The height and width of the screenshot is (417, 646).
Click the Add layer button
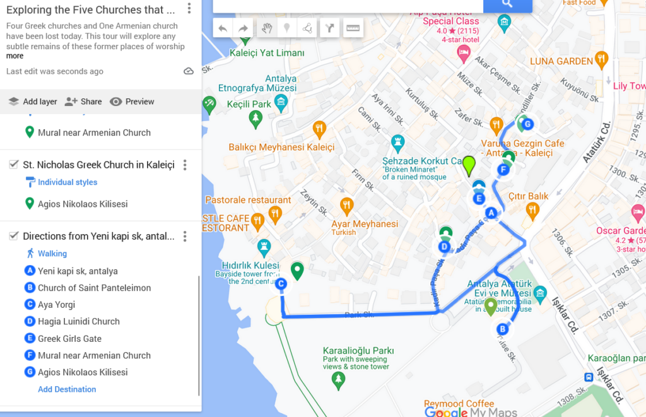tap(33, 102)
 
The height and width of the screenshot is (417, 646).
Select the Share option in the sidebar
tap(83, 102)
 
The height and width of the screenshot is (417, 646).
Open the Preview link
tap(132, 102)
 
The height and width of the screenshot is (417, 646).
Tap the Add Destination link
tap(67, 389)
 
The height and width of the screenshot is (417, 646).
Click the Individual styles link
tap(68, 182)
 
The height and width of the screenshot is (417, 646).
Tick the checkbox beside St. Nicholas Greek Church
tap(14, 165)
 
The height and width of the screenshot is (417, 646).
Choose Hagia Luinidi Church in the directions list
tap(78, 321)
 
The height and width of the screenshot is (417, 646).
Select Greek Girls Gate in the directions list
tap(69, 338)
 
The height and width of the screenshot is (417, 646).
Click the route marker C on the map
tap(281, 285)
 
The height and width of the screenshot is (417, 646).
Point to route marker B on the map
tap(503, 329)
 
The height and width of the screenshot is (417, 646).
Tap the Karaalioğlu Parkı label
tap(358, 351)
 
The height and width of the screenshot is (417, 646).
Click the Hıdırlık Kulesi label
tap(250, 266)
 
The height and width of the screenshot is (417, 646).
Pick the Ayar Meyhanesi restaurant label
tap(365, 224)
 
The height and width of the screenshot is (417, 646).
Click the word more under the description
tap(15, 56)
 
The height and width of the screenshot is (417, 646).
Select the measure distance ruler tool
tap(353, 28)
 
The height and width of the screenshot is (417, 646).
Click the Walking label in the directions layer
tap(52, 254)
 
